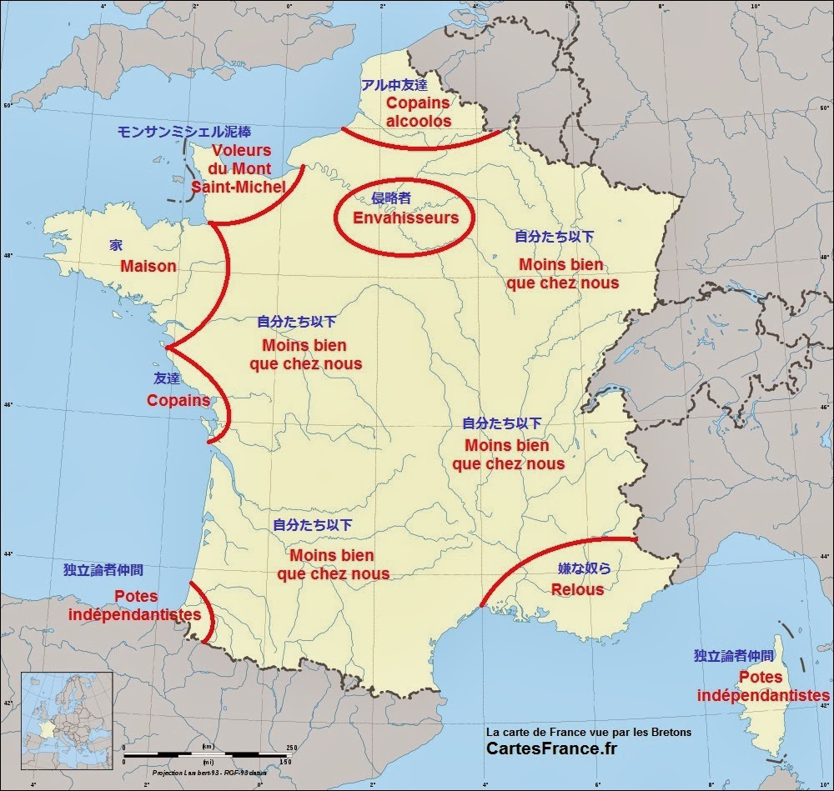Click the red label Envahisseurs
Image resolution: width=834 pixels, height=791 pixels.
pos(405,218)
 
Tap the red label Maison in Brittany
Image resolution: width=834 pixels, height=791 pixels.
pos(148,267)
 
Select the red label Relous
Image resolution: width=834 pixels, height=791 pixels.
pos(577,589)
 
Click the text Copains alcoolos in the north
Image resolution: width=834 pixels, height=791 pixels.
pos(418,112)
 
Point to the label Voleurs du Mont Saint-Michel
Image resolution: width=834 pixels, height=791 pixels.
pos(239,169)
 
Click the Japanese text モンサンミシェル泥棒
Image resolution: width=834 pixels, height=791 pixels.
pos(184,132)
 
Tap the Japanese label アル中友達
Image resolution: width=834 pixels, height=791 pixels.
pos(394,84)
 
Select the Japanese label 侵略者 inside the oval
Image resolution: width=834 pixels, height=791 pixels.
pos(391,198)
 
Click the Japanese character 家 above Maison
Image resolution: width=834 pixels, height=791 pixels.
pos(116,246)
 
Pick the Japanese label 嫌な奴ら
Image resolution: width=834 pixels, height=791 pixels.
pos(584,568)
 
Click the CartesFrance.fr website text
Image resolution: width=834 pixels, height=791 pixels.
pos(553,748)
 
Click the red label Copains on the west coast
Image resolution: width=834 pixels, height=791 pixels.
pos(178,400)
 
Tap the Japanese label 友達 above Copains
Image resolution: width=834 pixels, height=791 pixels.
pos(167,378)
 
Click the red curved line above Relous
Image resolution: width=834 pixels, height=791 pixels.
pos(550,553)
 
